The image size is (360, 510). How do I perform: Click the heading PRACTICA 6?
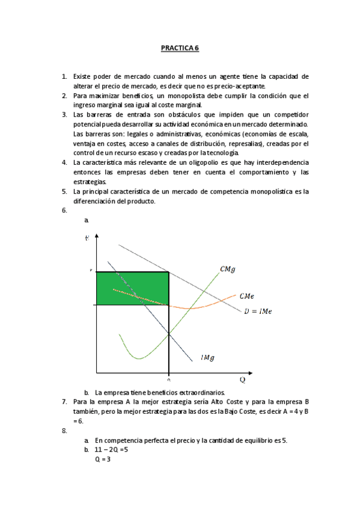(180, 48)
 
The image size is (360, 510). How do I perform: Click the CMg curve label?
(227, 269)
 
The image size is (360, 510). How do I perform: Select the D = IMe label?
(259, 312)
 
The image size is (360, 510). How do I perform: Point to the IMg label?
(208, 358)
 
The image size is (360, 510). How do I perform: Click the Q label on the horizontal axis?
(243, 380)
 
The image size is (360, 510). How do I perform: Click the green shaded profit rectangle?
(131, 289)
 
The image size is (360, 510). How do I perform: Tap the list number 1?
(64, 77)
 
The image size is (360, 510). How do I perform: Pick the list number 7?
(64, 402)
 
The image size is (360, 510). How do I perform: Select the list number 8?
(64, 431)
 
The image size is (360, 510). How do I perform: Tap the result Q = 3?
(102, 459)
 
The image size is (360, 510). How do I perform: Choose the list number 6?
(64, 211)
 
